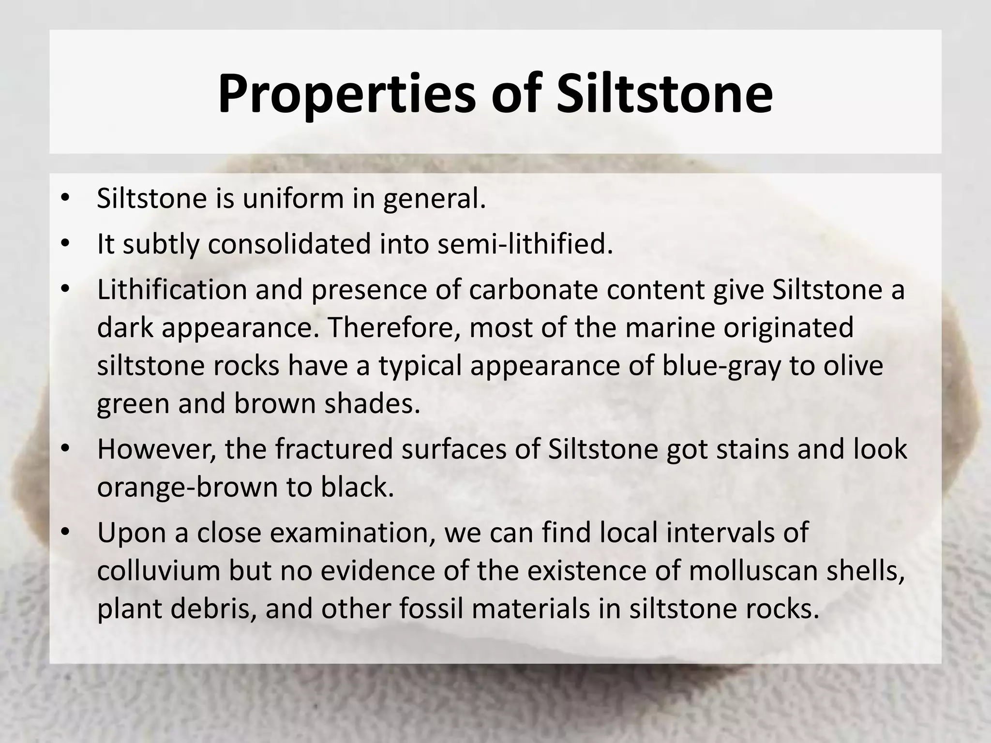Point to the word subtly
(161, 244)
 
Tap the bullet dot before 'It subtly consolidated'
(66, 244)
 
